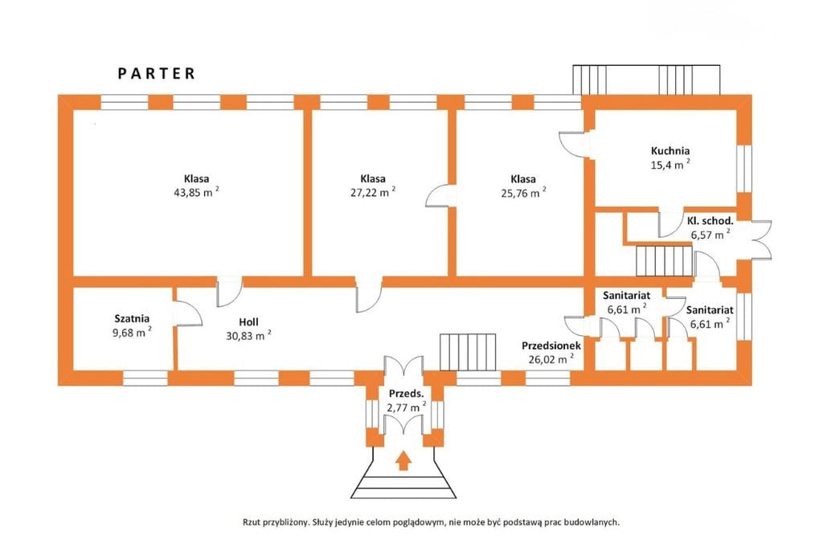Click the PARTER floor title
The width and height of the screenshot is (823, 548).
pyautogui.click(x=157, y=73)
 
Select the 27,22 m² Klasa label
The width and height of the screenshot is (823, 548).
pyautogui.click(x=373, y=178)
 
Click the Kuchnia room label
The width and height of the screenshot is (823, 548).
pyautogui.click(x=670, y=150)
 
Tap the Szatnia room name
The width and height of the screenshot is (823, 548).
pyautogui.click(x=132, y=318)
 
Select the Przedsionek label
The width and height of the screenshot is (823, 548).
pyautogui.click(x=551, y=345)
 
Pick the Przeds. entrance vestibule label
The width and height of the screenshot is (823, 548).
pyautogui.click(x=406, y=394)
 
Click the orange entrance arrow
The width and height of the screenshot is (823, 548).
pyautogui.click(x=403, y=460)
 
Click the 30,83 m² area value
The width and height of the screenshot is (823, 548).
pyautogui.click(x=248, y=336)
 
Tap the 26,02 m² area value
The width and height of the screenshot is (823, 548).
pyautogui.click(x=549, y=359)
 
